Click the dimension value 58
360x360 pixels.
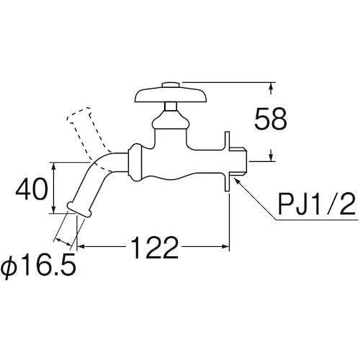tap(271, 119)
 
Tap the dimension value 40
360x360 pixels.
tap(30, 189)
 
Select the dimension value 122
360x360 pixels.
tap(155, 247)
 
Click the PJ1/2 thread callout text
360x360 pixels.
tap(316, 204)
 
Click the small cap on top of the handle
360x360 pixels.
tap(171, 85)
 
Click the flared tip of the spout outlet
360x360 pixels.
tap(79, 210)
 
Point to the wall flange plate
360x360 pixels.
tap(228, 161)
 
